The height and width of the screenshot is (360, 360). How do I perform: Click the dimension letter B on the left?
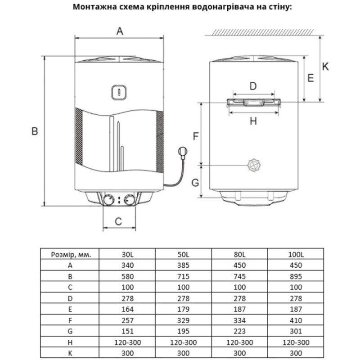pyautogui.click(x=35, y=131)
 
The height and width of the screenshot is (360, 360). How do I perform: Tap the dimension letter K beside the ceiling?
pyautogui.click(x=326, y=67)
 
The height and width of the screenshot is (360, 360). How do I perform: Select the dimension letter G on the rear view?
pyautogui.click(x=195, y=182)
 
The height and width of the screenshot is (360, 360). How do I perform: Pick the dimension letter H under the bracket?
pyautogui.click(x=253, y=121)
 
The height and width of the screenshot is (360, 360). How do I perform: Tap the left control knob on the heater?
pyautogui.click(x=108, y=200)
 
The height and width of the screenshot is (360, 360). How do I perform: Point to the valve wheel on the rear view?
pyautogui.click(x=255, y=165)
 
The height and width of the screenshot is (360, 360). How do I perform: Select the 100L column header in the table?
pyautogui.click(x=296, y=254)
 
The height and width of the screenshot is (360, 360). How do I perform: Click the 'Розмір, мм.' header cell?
pyautogui.click(x=70, y=254)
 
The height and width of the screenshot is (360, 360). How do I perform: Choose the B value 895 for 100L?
pyautogui.click(x=296, y=276)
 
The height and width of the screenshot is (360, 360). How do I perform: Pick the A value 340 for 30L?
pyautogui.click(x=127, y=265)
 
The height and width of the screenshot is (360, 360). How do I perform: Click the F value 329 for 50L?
pyautogui.click(x=184, y=320)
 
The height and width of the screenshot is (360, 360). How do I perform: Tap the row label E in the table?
pyautogui.click(x=70, y=309)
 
